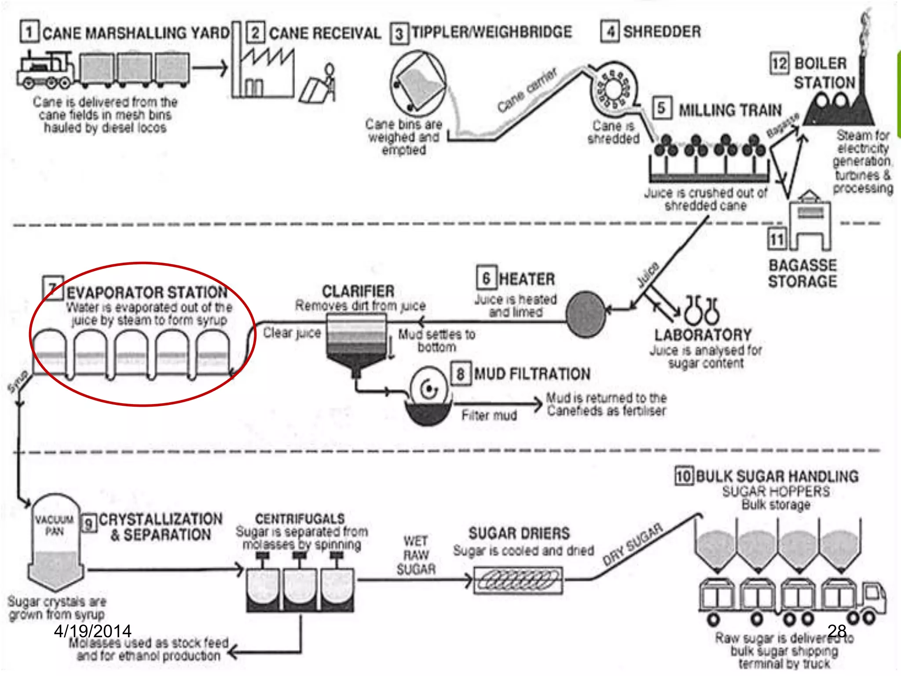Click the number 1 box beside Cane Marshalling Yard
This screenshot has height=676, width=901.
click(x=29, y=32)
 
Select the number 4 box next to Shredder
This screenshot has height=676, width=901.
click(x=611, y=32)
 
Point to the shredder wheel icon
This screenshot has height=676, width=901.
click(x=613, y=89)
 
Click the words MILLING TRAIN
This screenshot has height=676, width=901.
click(x=730, y=110)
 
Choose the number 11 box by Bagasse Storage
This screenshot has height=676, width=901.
click(x=777, y=239)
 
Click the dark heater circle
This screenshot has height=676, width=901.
click(x=586, y=314)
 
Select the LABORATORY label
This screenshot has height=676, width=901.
click(x=703, y=334)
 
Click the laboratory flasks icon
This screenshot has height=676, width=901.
click(x=702, y=309)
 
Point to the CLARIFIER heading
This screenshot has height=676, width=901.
click(x=358, y=291)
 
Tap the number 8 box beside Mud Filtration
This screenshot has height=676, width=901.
click(x=461, y=374)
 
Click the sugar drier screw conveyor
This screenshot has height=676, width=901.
click(x=518, y=580)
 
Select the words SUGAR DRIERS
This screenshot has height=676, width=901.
click(x=519, y=533)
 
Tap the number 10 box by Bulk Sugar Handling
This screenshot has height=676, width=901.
click(x=684, y=476)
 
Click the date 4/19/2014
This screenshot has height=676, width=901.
click(x=93, y=631)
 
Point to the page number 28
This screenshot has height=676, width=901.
click(x=836, y=631)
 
